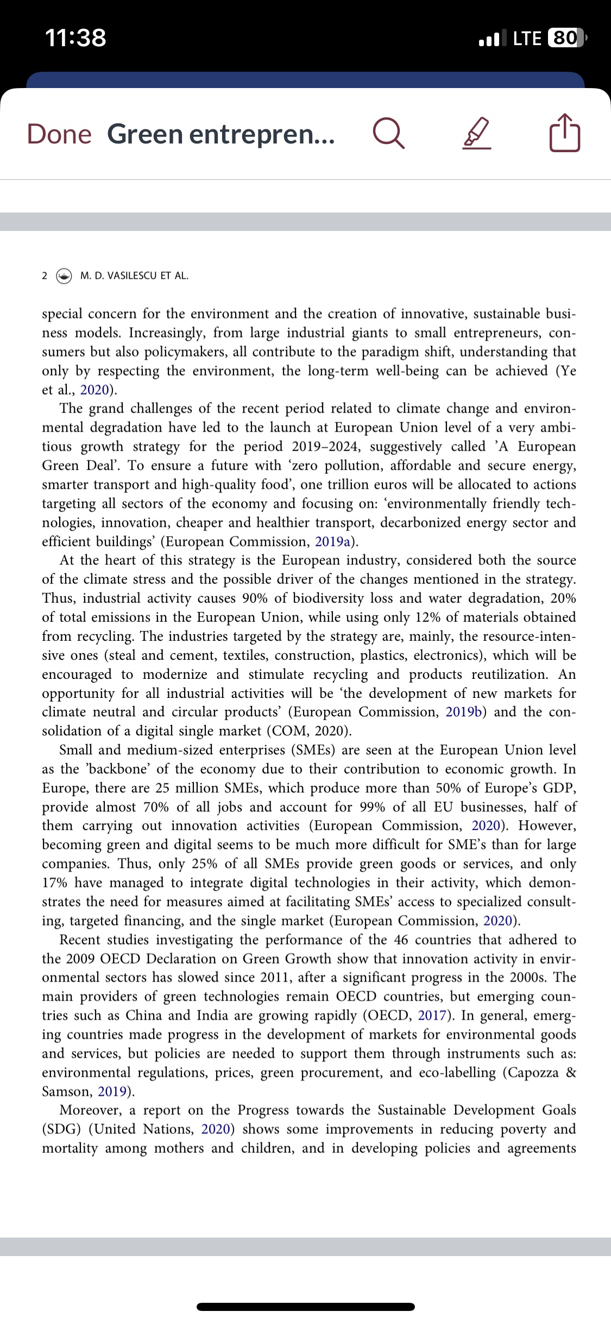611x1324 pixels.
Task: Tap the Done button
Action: (x=59, y=134)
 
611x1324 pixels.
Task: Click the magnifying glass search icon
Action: (x=388, y=134)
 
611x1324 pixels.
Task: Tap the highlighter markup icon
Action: (x=477, y=135)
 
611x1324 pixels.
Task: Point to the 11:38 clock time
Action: (x=75, y=38)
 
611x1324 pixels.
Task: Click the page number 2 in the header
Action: (x=45, y=276)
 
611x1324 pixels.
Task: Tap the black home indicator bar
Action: (x=306, y=1307)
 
